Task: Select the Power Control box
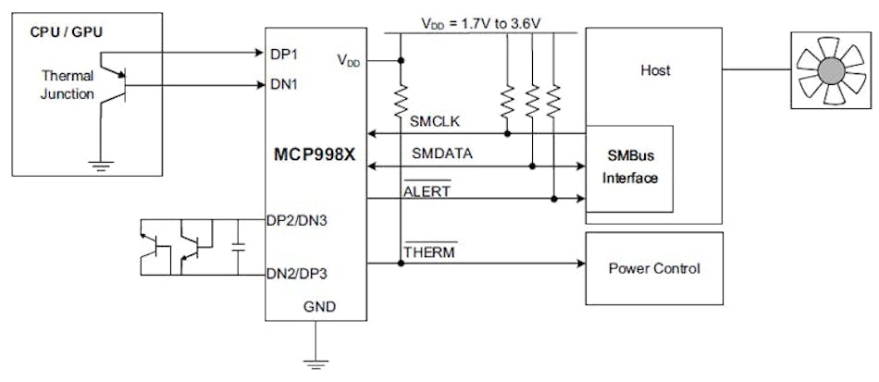(x=653, y=269)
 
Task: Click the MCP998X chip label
(x=314, y=152)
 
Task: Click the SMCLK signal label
(x=429, y=120)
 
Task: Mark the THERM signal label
(x=428, y=251)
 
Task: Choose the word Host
(x=654, y=69)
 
